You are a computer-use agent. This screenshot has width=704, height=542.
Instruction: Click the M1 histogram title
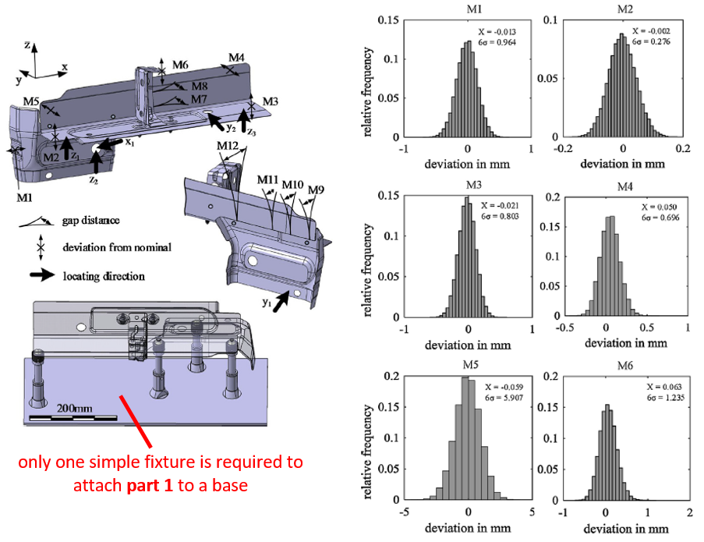coord(474,9)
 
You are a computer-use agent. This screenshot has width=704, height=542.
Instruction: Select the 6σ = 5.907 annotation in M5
coord(504,398)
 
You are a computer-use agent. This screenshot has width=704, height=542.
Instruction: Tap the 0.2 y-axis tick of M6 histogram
coord(551,377)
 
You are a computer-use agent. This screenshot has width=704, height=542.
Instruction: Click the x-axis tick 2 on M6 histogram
coord(690,512)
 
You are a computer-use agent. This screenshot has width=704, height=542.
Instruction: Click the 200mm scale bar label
coord(75,409)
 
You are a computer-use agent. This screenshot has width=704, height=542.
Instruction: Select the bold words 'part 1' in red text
coord(150,485)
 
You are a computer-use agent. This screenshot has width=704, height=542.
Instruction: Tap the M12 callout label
coord(228,146)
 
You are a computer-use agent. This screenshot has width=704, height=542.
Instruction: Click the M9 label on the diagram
coord(316,190)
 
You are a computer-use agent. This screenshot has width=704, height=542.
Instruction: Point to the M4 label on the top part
coord(236,58)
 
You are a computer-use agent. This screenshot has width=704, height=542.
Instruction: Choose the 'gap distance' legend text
coord(90,221)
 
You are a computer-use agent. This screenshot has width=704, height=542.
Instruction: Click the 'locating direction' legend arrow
coord(42,275)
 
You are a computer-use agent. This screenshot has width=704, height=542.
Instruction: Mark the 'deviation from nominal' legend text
coord(117,247)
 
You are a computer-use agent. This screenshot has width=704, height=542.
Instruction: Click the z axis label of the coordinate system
coord(27,45)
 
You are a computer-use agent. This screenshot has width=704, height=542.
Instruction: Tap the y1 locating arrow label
coord(267,303)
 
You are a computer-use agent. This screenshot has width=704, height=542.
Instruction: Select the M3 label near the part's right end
coord(271,102)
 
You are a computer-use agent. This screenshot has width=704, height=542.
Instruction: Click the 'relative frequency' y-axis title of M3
coord(367,271)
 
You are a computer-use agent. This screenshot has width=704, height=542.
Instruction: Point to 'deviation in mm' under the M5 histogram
coord(468,528)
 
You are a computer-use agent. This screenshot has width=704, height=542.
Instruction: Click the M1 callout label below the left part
coord(24,197)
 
